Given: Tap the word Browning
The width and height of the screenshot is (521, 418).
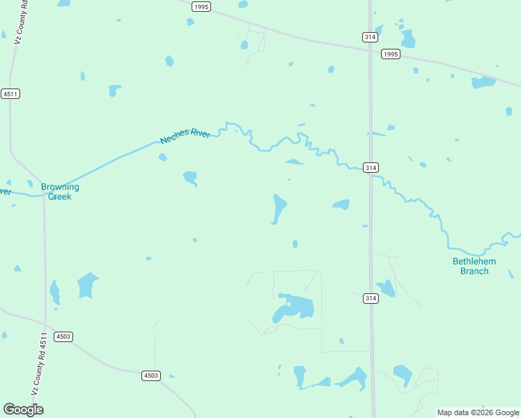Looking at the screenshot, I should click(x=60, y=187).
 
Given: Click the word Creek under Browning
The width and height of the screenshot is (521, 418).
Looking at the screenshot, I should click(x=60, y=196).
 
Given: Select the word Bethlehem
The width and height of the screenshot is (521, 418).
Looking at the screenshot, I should click(x=474, y=261).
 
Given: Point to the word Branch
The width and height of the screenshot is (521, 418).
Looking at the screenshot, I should click(x=474, y=271).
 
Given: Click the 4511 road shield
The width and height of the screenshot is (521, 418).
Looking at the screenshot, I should click(x=10, y=93).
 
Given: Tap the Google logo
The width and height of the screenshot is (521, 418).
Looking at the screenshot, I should click(x=23, y=410).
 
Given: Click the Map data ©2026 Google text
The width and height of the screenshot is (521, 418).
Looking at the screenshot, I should click(x=478, y=412).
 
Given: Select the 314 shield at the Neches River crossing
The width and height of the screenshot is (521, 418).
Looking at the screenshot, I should click(x=371, y=168).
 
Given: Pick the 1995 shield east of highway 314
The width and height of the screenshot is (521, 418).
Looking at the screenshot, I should click(x=390, y=54).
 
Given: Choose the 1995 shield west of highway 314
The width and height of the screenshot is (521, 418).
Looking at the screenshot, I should click(x=201, y=6).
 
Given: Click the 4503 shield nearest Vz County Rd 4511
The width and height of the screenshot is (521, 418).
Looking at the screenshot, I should click(x=63, y=336).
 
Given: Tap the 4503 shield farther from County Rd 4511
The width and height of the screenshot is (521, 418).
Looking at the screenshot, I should click(x=151, y=376).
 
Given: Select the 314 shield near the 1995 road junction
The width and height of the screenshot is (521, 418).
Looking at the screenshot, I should click(x=370, y=36).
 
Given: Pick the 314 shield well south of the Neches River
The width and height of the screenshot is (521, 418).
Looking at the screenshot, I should click(x=371, y=298).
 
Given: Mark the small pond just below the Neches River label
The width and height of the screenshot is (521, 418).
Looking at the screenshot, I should click(x=162, y=157).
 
